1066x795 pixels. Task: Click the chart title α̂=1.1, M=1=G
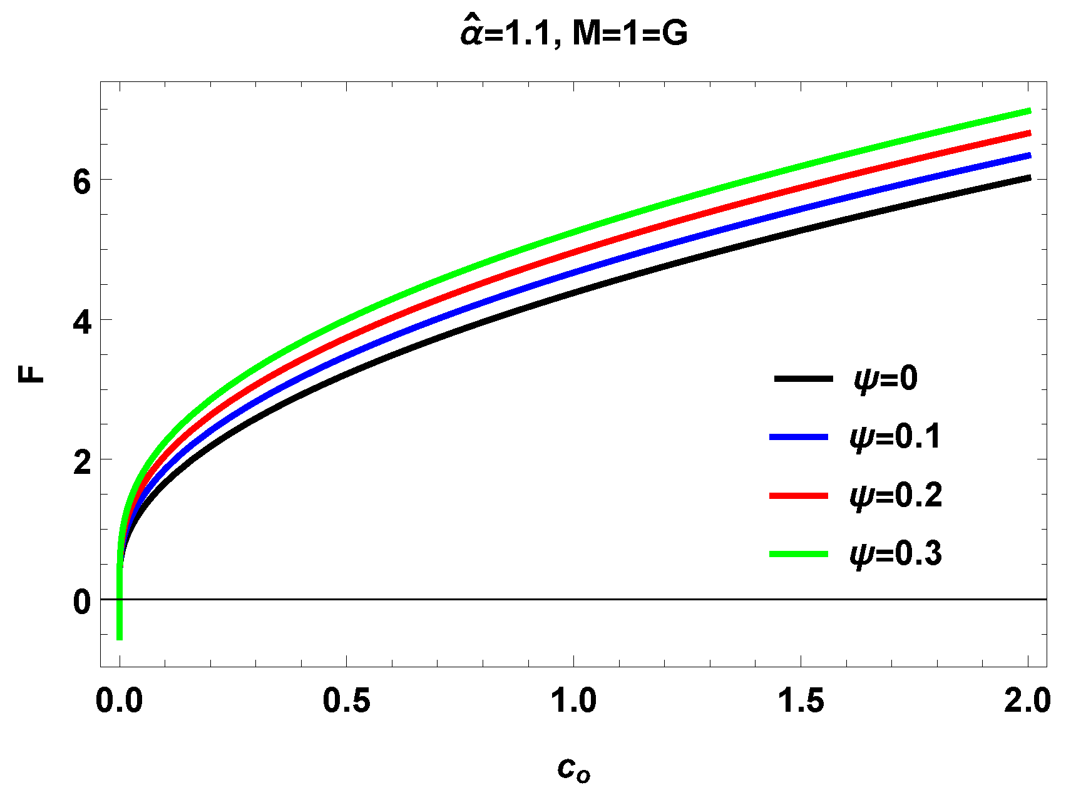point(574,34)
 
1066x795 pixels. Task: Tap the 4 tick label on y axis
point(82,321)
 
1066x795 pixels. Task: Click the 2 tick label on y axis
point(82,461)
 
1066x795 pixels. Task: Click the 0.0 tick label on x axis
point(120,700)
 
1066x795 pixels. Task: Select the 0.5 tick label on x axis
point(346,700)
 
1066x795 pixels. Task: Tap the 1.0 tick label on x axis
point(573,700)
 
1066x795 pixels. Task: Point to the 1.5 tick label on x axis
point(801,700)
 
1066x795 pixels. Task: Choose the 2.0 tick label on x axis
point(1027,700)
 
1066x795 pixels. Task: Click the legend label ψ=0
point(885,379)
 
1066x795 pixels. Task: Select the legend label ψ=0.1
point(895,437)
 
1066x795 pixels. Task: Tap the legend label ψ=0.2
point(895,496)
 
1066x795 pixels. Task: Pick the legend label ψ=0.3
point(895,554)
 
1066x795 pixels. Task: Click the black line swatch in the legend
point(804,379)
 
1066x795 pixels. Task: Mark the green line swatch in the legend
point(799,554)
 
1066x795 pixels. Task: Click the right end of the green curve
point(1028,111)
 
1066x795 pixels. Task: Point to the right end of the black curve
point(1028,178)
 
